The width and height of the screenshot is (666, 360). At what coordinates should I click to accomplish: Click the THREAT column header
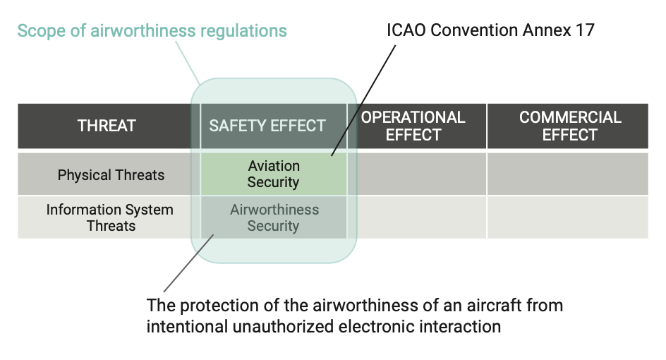(107, 126)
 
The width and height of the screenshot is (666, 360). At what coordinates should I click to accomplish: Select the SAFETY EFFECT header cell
(267, 126)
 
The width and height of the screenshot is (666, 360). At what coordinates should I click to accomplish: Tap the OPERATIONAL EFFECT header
(413, 126)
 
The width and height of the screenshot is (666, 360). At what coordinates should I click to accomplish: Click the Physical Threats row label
(111, 175)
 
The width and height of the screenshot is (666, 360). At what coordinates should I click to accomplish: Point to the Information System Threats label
(109, 218)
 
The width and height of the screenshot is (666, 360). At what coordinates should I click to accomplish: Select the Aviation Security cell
(273, 174)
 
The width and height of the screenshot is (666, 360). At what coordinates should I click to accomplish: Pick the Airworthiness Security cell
(274, 218)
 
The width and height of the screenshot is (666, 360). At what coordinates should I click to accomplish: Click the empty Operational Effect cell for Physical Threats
(417, 174)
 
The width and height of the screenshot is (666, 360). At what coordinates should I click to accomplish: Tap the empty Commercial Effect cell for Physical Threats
(568, 174)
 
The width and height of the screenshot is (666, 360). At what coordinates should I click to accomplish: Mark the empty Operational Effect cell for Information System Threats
(417, 217)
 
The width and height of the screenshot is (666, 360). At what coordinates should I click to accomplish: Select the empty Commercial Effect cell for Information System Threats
(568, 217)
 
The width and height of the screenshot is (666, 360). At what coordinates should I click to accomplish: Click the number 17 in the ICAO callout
(585, 30)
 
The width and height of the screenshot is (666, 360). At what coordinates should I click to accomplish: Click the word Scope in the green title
(37, 31)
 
